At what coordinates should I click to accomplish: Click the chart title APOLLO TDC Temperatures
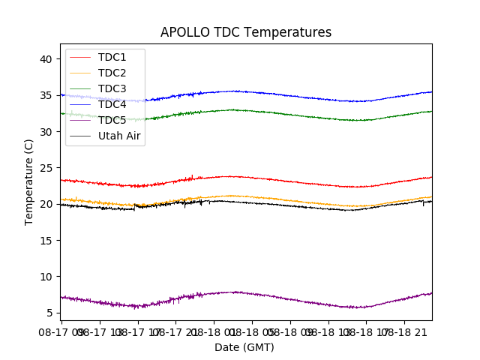click(245, 32)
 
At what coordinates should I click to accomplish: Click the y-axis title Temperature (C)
click(29, 182)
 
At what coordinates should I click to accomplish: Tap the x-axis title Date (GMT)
click(244, 347)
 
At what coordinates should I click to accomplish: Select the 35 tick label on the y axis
click(46, 95)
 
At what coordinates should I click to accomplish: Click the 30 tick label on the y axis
click(46, 131)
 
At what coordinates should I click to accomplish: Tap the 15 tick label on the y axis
click(46, 240)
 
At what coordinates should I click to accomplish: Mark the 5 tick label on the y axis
click(49, 313)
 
